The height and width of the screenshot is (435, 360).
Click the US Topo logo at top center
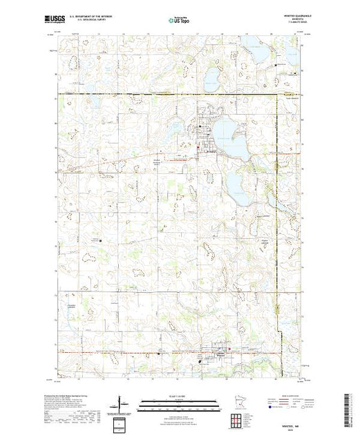click(179, 21)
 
